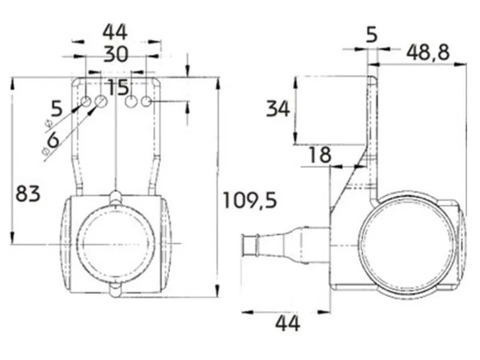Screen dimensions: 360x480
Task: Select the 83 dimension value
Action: click(x=28, y=194)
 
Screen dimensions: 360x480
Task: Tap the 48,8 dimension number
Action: click(x=428, y=52)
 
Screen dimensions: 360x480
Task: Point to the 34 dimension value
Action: click(x=278, y=109)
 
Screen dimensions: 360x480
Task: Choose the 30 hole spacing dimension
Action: click(x=116, y=55)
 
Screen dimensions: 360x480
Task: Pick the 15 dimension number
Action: click(x=118, y=88)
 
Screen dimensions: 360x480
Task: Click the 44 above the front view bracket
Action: click(x=116, y=31)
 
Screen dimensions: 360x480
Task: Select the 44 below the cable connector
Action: click(x=287, y=324)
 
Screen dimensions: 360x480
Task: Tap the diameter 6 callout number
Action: click(x=52, y=140)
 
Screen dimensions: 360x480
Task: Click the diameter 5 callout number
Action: click(x=56, y=109)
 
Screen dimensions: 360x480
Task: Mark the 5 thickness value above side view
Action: click(x=372, y=35)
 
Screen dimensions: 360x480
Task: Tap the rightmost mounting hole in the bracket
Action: click(x=146, y=102)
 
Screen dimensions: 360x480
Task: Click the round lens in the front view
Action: click(x=115, y=242)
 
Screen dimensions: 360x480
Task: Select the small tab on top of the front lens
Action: click(x=115, y=197)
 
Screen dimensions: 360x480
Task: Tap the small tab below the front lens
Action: click(x=115, y=291)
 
